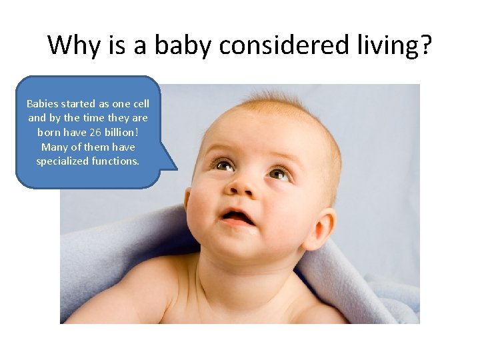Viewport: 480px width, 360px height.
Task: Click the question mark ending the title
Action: (426, 45)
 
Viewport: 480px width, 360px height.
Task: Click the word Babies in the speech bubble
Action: (42, 104)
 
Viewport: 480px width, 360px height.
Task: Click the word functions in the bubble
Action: (117, 161)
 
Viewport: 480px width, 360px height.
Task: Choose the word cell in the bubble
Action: (141, 104)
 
